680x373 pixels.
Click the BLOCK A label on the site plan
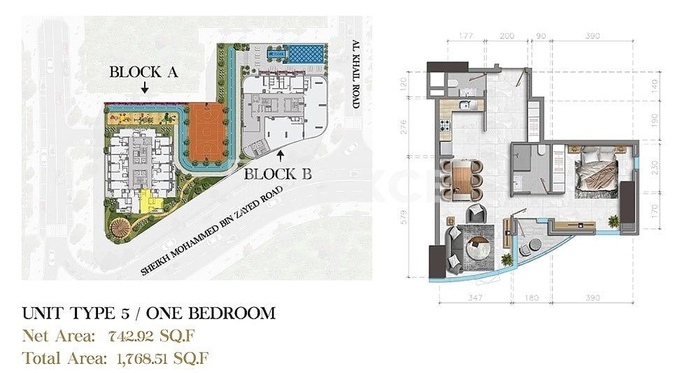point(144,71)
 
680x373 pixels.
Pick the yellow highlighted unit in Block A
point(148,201)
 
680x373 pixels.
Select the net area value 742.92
point(138,335)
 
